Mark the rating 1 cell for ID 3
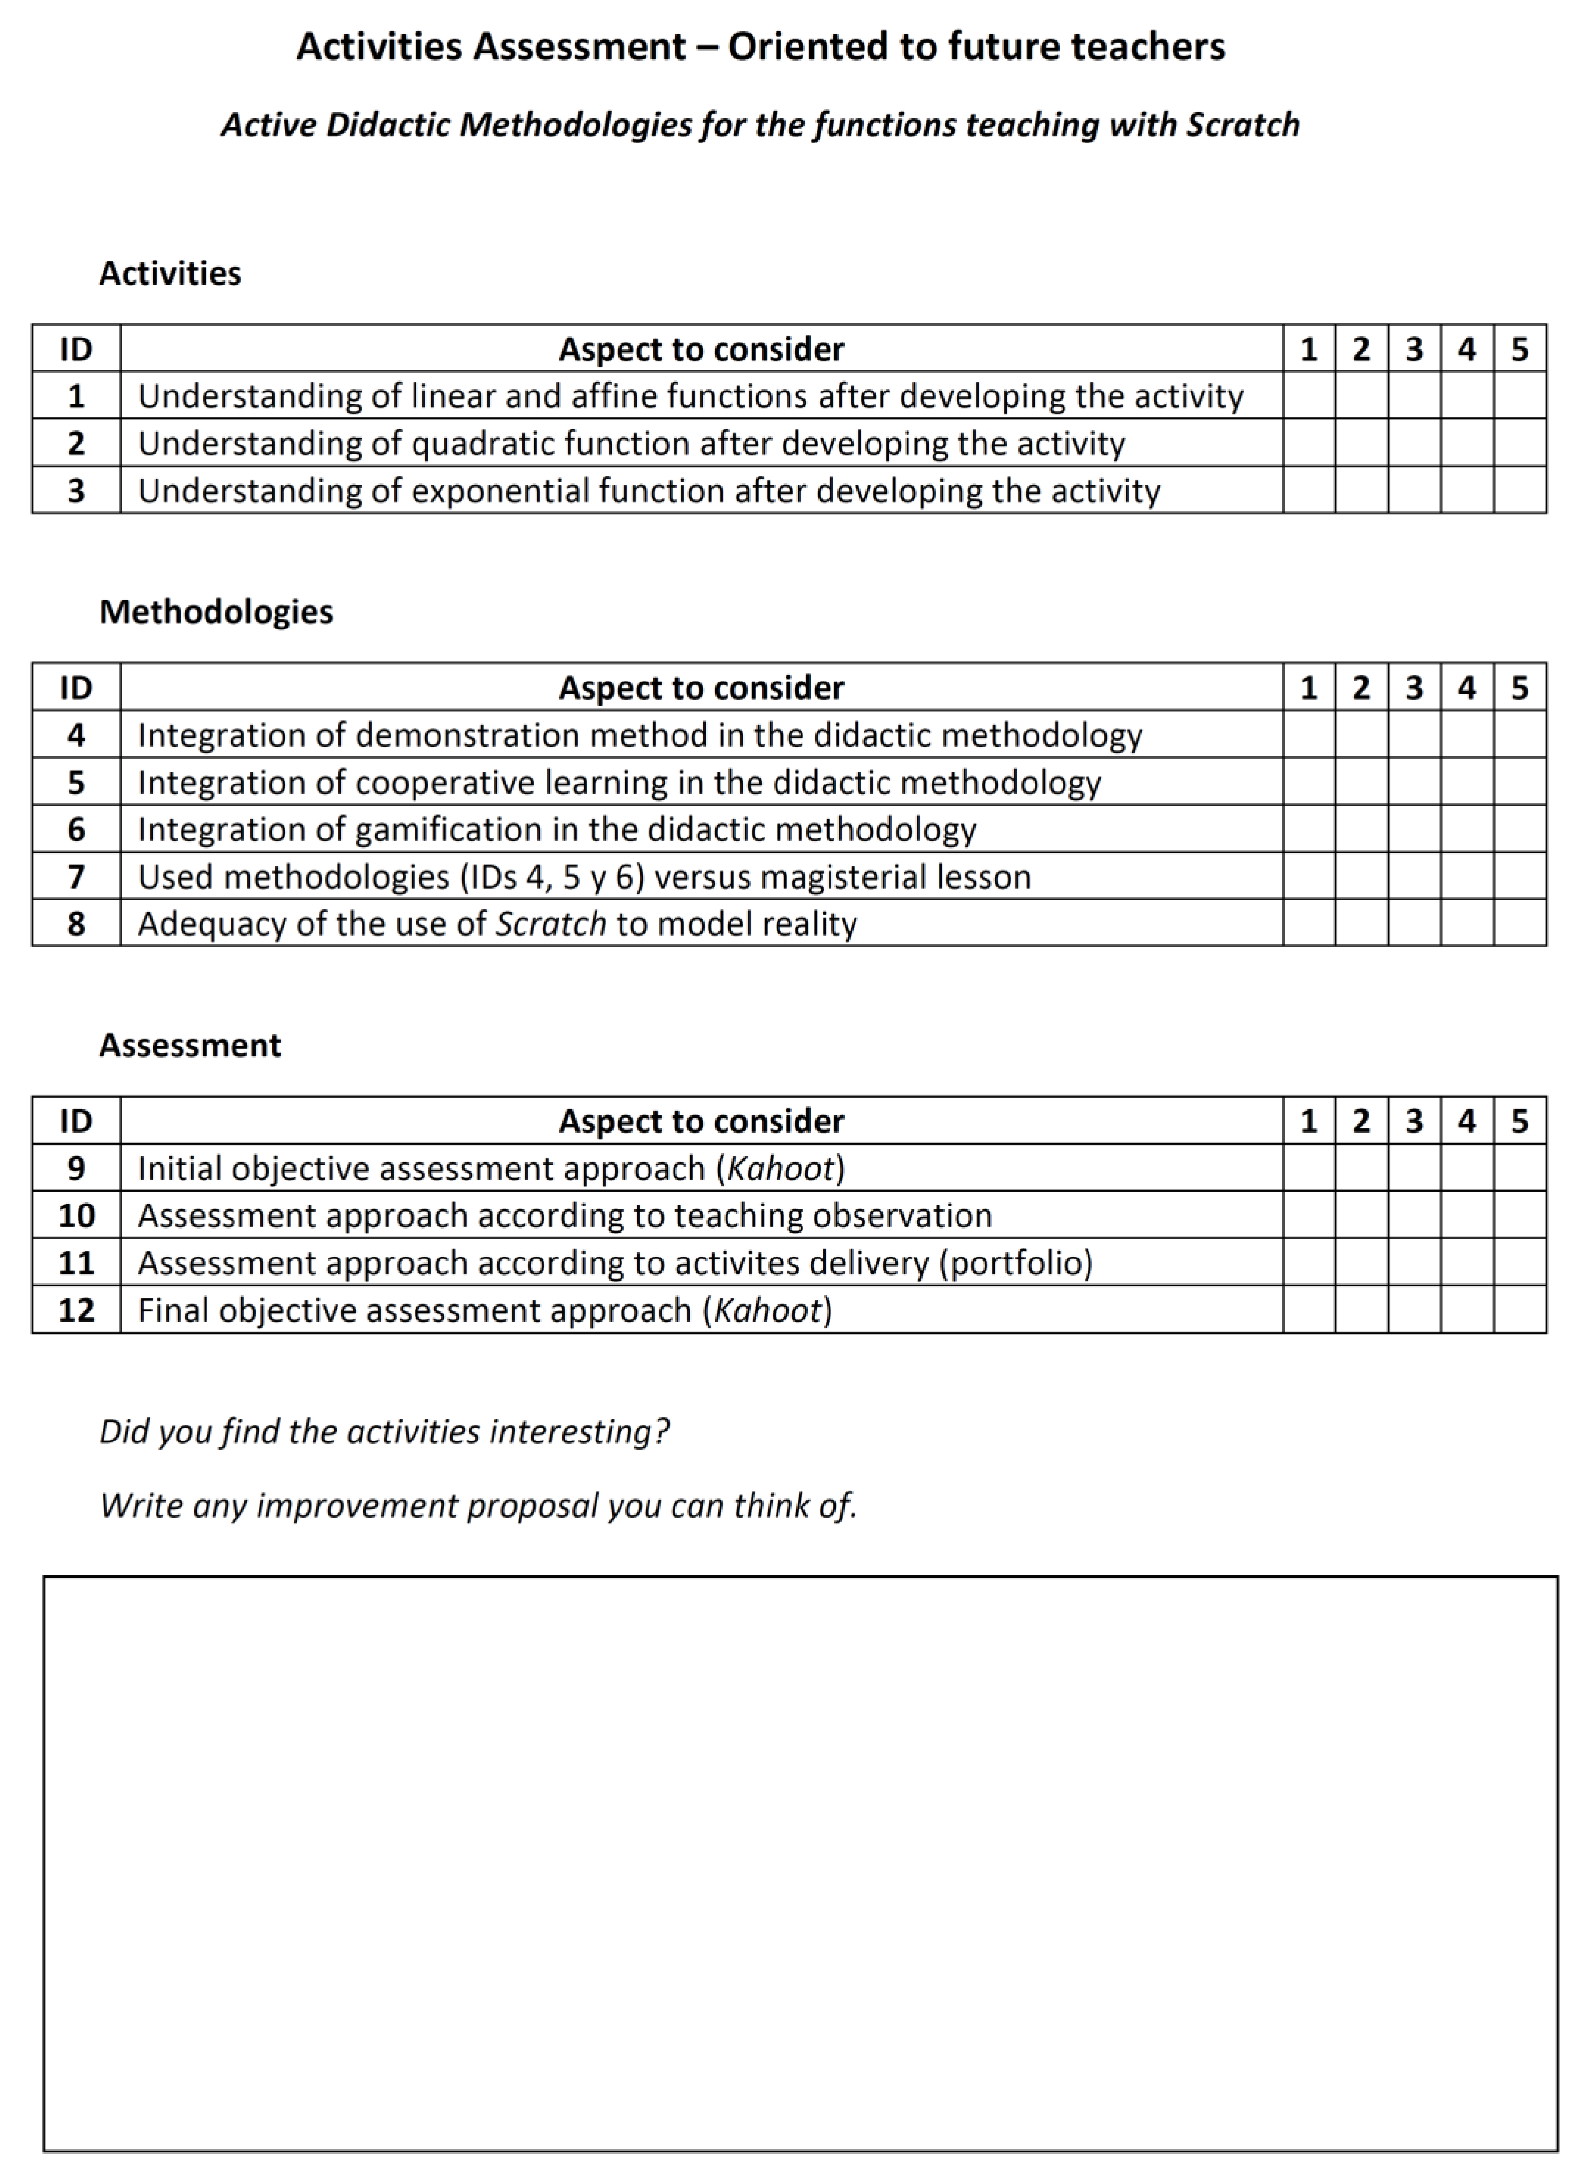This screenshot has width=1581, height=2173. coord(1309,491)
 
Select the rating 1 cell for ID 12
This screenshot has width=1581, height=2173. coord(1309,1310)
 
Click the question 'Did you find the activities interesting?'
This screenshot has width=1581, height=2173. coord(383,1432)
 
